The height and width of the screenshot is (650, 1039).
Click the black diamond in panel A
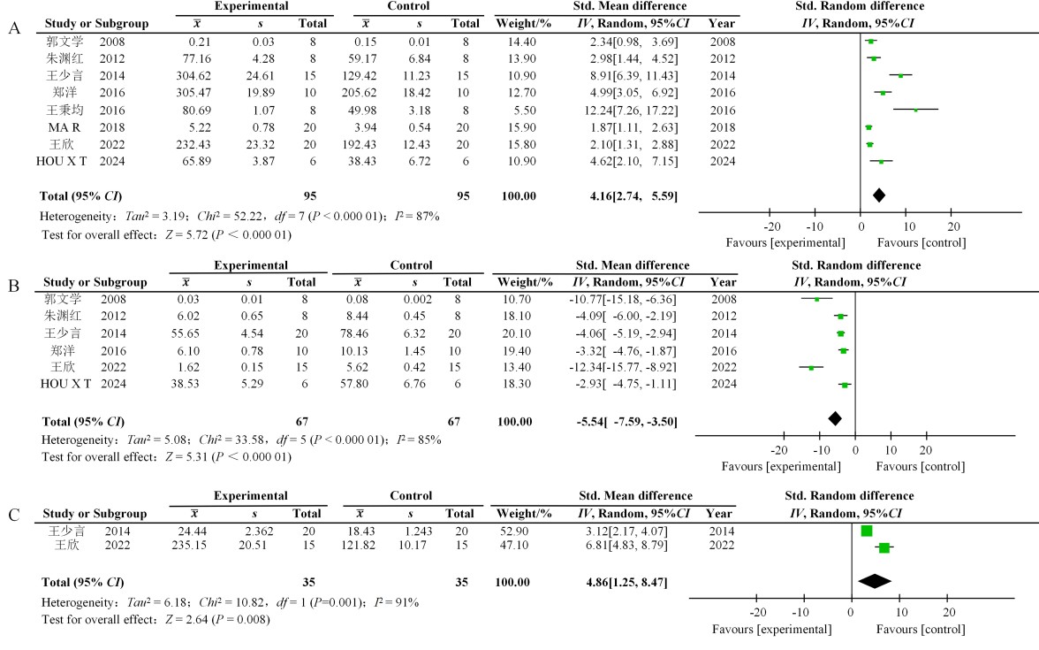coord(878,195)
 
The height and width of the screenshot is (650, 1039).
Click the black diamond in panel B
coord(835,418)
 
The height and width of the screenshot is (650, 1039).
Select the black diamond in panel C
coord(875,580)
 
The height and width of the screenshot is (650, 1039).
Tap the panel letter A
coord(13,29)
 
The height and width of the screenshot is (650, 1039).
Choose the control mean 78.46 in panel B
coord(357,333)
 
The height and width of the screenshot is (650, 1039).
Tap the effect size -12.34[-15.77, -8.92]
coord(628,367)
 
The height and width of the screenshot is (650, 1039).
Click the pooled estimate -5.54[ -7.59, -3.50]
coord(628,423)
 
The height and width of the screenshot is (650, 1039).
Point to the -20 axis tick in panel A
coord(770,225)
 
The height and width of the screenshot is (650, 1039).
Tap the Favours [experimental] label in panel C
coord(776,629)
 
